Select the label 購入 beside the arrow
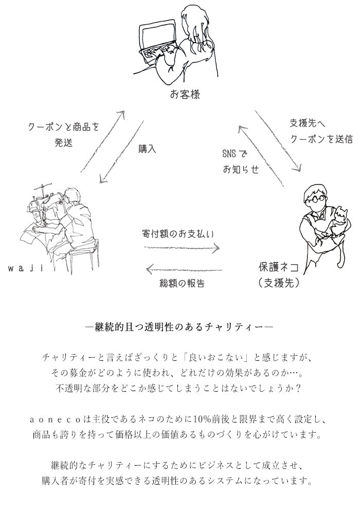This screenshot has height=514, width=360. pyautogui.click(x=147, y=150)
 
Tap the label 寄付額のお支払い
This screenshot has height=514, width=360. pyautogui.click(x=177, y=233)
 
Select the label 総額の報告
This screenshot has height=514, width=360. pyautogui.click(x=182, y=283)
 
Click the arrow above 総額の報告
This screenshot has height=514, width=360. pyautogui.click(x=184, y=269)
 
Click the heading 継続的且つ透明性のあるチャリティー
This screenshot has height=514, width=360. pyautogui.click(x=180, y=327)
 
